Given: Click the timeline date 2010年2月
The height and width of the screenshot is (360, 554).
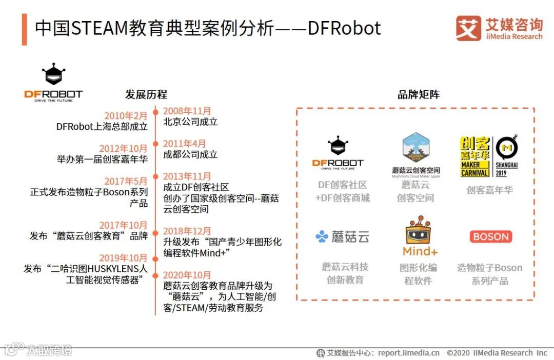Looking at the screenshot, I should pyautogui.click(x=126, y=116).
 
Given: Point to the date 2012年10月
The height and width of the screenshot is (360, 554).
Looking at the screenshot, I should pyautogui.click(x=123, y=149).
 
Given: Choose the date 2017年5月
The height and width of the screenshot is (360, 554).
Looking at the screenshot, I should pyautogui.click(x=126, y=181).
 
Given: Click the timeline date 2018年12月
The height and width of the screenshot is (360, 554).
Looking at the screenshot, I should pyautogui.click(x=187, y=231).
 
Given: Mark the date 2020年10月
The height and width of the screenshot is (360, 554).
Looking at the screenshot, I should pyautogui.click(x=187, y=275).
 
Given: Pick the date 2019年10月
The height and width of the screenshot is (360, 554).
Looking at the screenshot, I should pyautogui.click(x=123, y=258).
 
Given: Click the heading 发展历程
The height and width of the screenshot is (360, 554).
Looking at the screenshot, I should pyautogui.click(x=146, y=94).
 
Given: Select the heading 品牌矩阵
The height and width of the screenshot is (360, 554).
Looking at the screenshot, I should pyautogui.click(x=419, y=94).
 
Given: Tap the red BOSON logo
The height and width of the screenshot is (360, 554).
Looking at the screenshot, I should pyautogui.click(x=490, y=237).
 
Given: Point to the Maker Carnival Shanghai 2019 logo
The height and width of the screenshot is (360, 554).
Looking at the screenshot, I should pyautogui.click(x=489, y=156).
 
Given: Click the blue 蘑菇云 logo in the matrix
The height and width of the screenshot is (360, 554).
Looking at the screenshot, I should pyautogui.click(x=342, y=236).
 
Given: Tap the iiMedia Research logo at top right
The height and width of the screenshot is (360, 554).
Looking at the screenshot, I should pyautogui.click(x=499, y=28).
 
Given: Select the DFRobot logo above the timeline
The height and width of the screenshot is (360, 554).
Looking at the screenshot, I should pyautogui.click(x=53, y=83).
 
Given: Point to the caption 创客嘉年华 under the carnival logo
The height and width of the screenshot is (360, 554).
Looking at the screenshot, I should pyautogui.click(x=489, y=190).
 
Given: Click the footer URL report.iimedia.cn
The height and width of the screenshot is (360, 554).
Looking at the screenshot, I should pyautogui.click(x=408, y=353).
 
